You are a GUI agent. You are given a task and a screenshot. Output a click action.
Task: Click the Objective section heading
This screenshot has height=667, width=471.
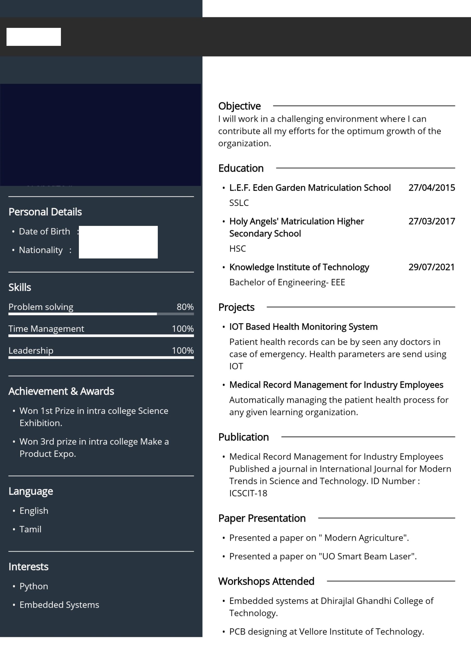pyautogui.click(x=239, y=106)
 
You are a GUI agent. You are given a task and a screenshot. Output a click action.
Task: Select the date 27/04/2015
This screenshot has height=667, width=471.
pyautogui.click(x=431, y=188)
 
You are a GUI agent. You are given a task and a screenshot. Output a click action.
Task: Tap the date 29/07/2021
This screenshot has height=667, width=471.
pyautogui.click(x=431, y=267)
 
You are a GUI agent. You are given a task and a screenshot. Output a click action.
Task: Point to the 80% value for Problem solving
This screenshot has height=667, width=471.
pyautogui.click(x=185, y=307)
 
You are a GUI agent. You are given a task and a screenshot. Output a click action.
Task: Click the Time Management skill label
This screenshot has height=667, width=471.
pyautogui.click(x=46, y=329)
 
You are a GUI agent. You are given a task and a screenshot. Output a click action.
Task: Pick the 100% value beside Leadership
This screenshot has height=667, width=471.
pyautogui.click(x=183, y=350)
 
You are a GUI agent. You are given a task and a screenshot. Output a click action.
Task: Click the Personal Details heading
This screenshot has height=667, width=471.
pyautogui.click(x=45, y=212)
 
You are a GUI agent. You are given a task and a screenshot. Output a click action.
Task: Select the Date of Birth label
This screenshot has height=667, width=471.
pyautogui.click(x=45, y=232)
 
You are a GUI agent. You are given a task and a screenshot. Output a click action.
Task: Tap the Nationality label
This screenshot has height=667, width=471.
pyautogui.click(x=41, y=250)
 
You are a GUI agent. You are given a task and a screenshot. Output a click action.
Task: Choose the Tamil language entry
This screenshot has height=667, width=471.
pyautogui.click(x=30, y=529)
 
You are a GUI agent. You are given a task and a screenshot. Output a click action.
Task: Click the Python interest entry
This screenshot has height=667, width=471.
pyautogui.click(x=34, y=586)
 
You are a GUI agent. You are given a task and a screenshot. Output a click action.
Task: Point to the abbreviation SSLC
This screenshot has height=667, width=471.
pyautogui.click(x=239, y=203)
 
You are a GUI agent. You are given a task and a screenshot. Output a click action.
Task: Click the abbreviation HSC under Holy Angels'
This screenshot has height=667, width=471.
pyautogui.click(x=237, y=249)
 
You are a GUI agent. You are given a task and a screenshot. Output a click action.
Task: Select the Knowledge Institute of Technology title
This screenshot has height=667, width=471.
pyautogui.click(x=299, y=267)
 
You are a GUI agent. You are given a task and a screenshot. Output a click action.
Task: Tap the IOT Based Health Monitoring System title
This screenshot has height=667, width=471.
pyautogui.click(x=303, y=326)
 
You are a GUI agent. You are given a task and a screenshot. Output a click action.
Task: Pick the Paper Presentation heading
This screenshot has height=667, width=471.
pyautogui.click(x=262, y=518)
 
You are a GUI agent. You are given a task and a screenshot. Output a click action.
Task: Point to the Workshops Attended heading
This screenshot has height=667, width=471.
pyautogui.click(x=266, y=581)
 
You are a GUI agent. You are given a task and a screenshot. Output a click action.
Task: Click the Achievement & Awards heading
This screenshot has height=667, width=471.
pyautogui.click(x=61, y=391)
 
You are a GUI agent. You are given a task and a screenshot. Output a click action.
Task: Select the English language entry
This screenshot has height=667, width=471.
pyautogui.click(x=34, y=510)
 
